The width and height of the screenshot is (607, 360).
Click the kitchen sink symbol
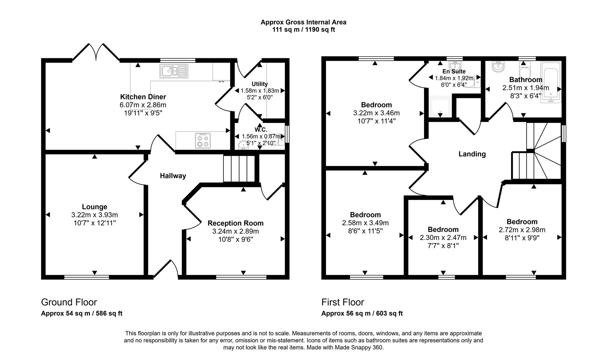click(174, 71)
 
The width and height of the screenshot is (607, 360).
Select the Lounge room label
click(95, 207)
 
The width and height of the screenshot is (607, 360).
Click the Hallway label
click(173, 176)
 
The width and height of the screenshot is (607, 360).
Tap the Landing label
click(472, 154)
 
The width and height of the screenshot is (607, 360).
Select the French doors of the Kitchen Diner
click(96, 53)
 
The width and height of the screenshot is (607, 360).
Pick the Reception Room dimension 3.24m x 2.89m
click(236, 231)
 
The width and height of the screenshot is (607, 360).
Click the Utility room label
click(260, 84)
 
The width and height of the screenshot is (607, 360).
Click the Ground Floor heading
click(69, 302)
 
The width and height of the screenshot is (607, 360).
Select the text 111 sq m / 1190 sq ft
click(303, 30)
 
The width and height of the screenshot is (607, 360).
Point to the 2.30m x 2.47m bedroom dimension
click(443, 238)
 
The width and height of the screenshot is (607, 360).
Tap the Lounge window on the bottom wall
click(87, 277)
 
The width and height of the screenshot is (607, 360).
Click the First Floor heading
click(343, 302)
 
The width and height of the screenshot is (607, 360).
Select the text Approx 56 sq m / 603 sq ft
click(362, 313)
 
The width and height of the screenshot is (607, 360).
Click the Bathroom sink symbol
click(498, 67)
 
